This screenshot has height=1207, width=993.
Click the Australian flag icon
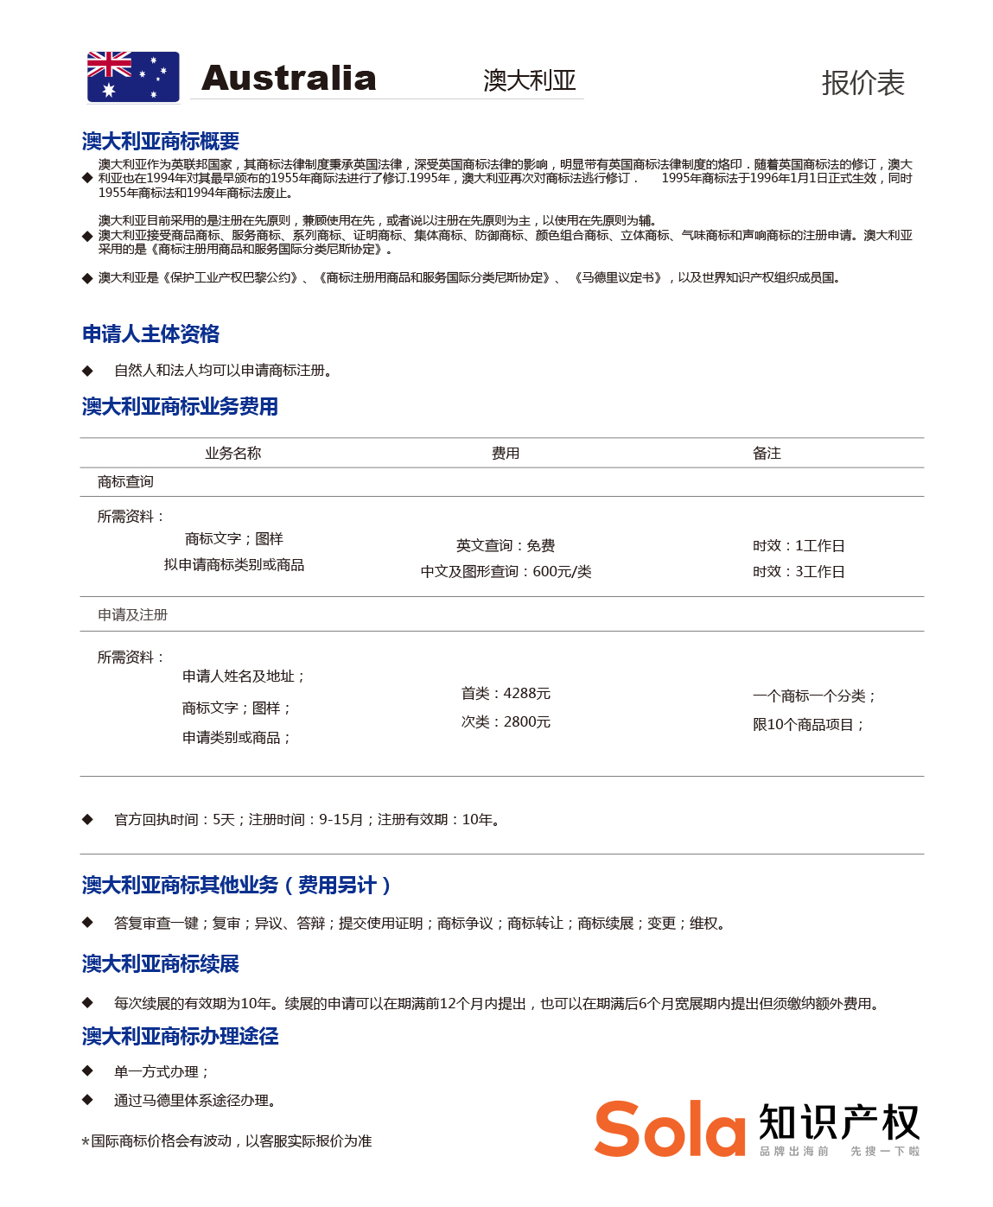click(x=133, y=77)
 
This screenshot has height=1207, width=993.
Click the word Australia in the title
click(x=289, y=79)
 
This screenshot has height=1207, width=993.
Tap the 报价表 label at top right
click(x=863, y=83)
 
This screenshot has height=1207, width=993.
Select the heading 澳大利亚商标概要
click(x=161, y=141)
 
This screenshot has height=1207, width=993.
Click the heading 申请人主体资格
click(x=151, y=334)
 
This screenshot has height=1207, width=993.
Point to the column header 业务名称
click(x=232, y=454)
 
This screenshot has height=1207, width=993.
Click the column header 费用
click(x=506, y=454)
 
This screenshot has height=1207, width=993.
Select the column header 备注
click(x=767, y=454)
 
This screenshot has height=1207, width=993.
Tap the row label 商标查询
click(x=125, y=482)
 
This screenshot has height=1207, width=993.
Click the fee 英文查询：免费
click(x=506, y=546)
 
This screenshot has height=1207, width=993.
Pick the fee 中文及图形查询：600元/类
click(x=506, y=572)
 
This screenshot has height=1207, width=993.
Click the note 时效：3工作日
click(x=799, y=572)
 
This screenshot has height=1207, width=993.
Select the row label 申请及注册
click(x=132, y=615)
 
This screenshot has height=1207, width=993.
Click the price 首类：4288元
click(x=506, y=694)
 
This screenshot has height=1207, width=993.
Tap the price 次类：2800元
click(x=506, y=722)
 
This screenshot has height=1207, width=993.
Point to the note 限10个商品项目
click(x=808, y=725)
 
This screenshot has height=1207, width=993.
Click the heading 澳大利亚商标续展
click(x=161, y=964)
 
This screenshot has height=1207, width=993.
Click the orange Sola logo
click(x=670, y=1128)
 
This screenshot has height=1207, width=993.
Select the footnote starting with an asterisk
click(x=226, y=1141)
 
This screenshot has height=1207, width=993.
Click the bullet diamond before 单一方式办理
click(x=87, y=1071)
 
